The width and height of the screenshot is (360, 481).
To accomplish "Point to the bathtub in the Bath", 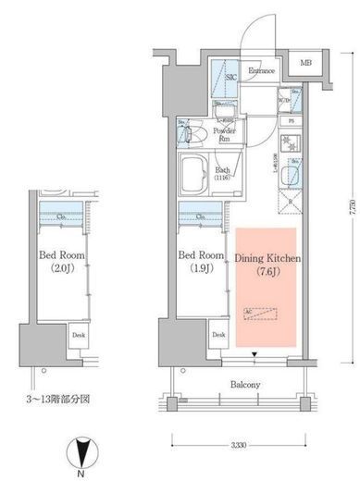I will point(197,174).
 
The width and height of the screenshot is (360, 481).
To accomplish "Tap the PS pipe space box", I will point(292,121).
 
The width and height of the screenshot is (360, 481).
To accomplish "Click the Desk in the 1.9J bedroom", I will point(217,336).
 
